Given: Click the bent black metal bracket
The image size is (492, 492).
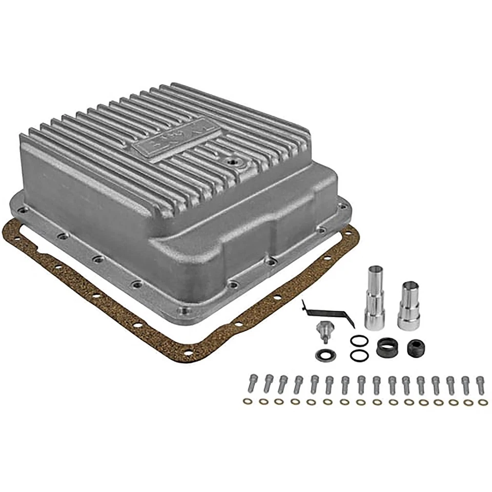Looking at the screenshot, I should (329, 313).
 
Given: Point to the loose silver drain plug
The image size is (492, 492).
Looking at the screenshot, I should (322, 331).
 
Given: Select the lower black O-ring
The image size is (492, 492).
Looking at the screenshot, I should (358, 355).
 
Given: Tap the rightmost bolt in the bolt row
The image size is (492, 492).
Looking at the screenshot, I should (480, 385).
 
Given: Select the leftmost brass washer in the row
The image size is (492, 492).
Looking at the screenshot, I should (247, 401).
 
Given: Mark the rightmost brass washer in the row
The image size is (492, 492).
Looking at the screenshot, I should (482, 402).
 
